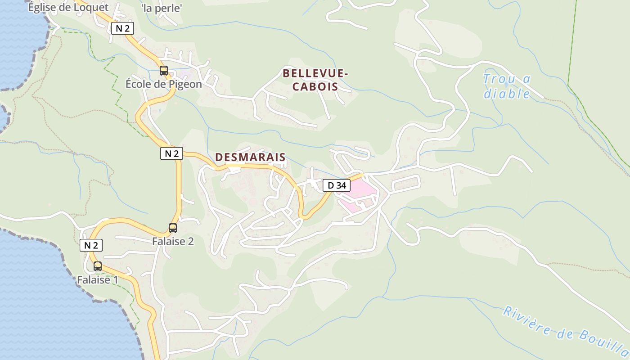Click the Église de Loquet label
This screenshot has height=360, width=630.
pyautogui.click(x=68, y=7)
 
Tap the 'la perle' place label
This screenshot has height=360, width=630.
pyautogui.click(x=161, y=8)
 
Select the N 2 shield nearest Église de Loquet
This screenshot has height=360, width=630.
pyautogui.click(x=122, y=28)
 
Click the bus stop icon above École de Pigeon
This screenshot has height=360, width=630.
pyautogui.click(x=164, y=71)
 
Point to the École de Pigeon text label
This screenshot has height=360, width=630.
pyautogui.click(x=163, y=84)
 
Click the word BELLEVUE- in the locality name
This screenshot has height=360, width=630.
pyautogui.click(x=315, y=73)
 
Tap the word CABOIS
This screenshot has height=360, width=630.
pyautogui.click(x=315, y=86)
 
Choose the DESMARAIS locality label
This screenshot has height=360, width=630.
pyautogui.click(x=250, y=157)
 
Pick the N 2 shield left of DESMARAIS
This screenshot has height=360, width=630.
pyautogui.click(x=171, y=153)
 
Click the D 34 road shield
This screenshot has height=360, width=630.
pyautogui.click(x=336, y=185)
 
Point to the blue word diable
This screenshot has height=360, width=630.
pyautogui.click(x=507, y=94)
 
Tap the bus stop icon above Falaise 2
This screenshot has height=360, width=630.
pyautogui.click(x=173, y=228)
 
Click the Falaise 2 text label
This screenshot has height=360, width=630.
pyautogui.click(x=173, y=241)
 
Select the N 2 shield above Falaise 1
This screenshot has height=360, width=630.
pyautogui.click(x=91, y=245)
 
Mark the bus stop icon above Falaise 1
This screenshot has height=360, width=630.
pyautogui.click(x=98, y=266)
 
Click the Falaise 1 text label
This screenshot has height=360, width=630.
pyautogui.click(x=97, y=279)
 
